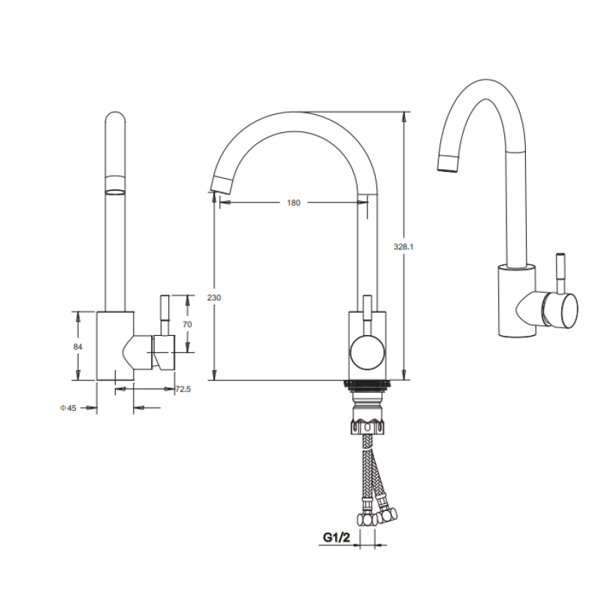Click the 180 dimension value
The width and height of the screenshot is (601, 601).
pyautogui.click(x=294, y=203)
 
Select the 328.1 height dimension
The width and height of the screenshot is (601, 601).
pyautogui.click(x=403, y=247)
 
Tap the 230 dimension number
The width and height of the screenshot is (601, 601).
pyautogui.click(x=214, y=297)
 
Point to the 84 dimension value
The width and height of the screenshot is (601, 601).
pyautogui.click(x=78, y=347)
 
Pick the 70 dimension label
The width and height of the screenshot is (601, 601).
pyautogui.click(x=187, y=325)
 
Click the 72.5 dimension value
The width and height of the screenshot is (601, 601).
pyautogui.click(x=183, y=389)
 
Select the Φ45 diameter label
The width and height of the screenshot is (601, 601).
pyautogui.click(x=68, y=408)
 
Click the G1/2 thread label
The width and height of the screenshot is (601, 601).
pyautogui.click(x=337, y=537)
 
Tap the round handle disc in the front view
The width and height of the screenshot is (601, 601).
pyautogui.click(x=367, y=352)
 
